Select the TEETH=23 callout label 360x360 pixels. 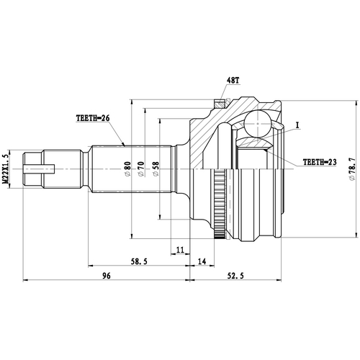pos(320,162)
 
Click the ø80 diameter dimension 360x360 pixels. pos(127,170)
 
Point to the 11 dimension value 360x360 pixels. pos(180,250)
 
